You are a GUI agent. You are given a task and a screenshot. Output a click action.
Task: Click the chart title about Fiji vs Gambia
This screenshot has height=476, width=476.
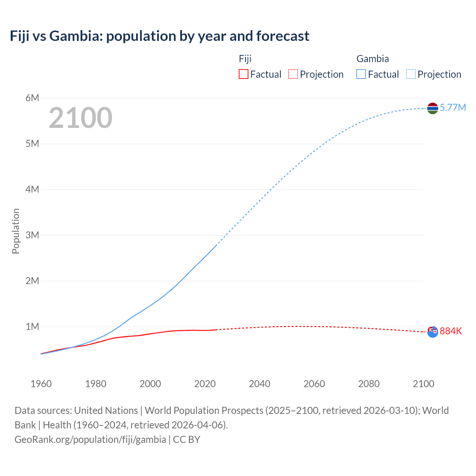(160, 36)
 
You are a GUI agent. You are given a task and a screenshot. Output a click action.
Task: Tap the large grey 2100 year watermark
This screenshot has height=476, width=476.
(80, 118)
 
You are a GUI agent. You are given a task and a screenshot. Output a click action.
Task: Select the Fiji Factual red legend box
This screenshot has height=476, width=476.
(243, 74)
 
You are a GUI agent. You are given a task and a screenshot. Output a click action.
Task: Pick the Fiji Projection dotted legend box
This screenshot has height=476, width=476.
(293, 74)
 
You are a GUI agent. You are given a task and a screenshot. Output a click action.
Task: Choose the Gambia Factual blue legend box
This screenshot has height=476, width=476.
(361, 74)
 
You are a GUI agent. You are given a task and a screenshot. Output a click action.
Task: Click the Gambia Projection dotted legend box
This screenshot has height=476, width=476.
(411, 74)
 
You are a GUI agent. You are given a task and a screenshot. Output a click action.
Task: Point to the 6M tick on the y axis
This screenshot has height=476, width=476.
(32, 98)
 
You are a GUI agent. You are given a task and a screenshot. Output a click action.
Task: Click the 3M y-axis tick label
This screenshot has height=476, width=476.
(32, 235)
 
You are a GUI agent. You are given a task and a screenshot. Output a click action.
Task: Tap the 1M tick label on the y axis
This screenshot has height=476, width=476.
(32, 327)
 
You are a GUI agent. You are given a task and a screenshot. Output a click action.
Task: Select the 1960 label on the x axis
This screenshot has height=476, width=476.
(41, 384)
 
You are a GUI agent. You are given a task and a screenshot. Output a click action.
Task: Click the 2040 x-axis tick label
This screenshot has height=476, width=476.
(260, 384)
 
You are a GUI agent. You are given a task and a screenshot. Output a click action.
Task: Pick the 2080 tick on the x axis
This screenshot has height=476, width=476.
(369, 384)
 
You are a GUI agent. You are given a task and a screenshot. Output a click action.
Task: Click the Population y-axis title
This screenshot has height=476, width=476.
(16, 231)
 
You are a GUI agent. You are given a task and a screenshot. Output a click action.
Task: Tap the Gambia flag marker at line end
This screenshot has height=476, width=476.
(432, 108)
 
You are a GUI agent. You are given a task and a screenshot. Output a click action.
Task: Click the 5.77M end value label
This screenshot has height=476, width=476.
(453, 108)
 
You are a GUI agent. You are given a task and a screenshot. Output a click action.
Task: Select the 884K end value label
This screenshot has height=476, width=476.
(451, 331)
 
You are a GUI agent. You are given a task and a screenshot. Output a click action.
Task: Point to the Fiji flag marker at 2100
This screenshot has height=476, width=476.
(432, 332)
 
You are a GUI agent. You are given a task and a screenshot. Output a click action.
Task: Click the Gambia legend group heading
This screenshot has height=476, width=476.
(373, 59)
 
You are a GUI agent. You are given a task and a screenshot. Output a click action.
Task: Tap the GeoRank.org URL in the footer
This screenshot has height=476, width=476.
(90, 440)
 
